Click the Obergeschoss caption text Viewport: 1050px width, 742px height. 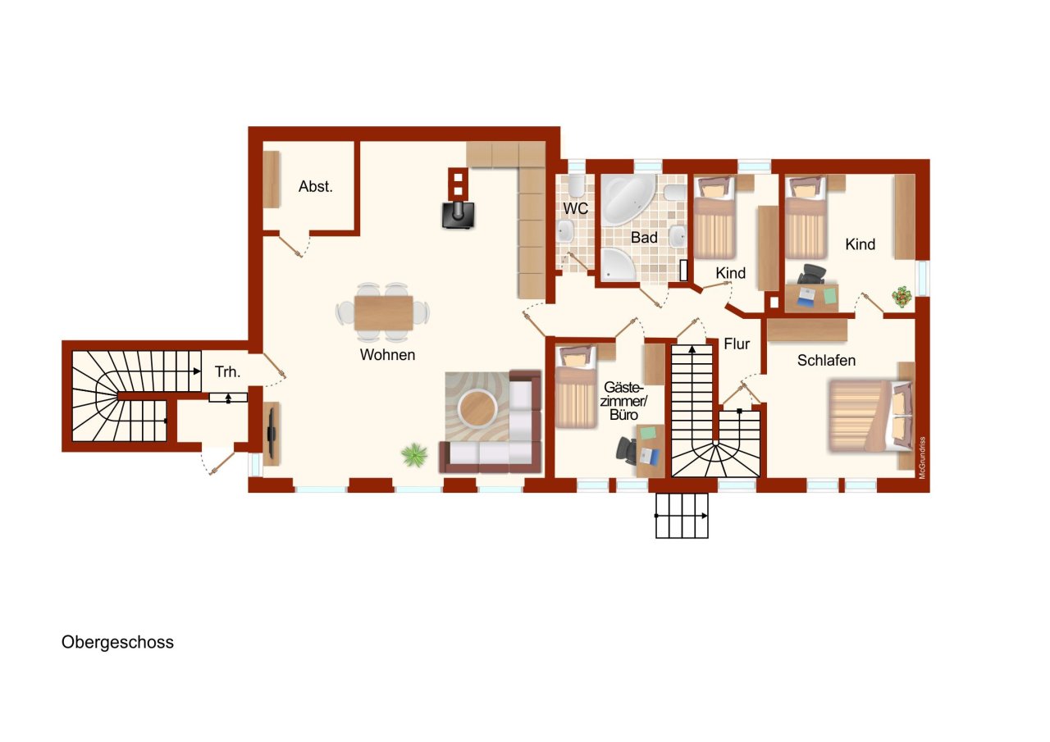(117, 643)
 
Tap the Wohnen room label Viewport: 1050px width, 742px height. (387, 355)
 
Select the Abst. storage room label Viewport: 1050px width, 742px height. (316, 187)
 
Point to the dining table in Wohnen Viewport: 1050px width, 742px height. (383, 312)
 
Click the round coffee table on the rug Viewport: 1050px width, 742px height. (477, 407)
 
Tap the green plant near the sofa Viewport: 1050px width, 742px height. (414, 454)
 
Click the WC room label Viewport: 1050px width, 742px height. (575, 208)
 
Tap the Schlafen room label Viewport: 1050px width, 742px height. (826, 361)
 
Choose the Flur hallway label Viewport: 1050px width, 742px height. (737, 344)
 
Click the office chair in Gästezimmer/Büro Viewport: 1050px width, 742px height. (628, 449)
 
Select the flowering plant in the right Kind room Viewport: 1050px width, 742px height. (903, 296)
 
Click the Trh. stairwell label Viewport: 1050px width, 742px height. (227, 371)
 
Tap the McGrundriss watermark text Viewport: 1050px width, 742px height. (922, 457)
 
